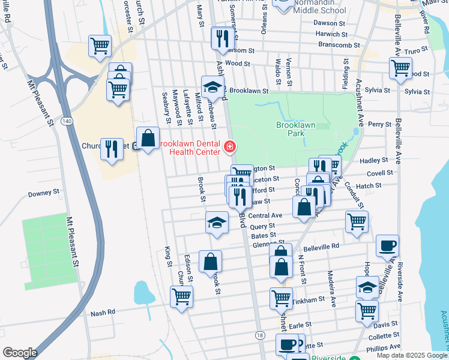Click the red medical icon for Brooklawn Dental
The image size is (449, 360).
(229, 146)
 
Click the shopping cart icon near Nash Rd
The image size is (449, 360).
(181, 296)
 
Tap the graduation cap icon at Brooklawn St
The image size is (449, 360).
(212, 86)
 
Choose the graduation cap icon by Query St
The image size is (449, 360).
(217, 222)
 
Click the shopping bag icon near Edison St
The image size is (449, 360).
(210, 261)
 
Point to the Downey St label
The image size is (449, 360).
(44, 194)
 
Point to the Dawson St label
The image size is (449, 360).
(330, 23)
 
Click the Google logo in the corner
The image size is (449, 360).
(20, 353)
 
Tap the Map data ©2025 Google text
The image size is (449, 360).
(411, 355)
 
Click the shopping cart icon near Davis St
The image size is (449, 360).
(367, 310)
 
